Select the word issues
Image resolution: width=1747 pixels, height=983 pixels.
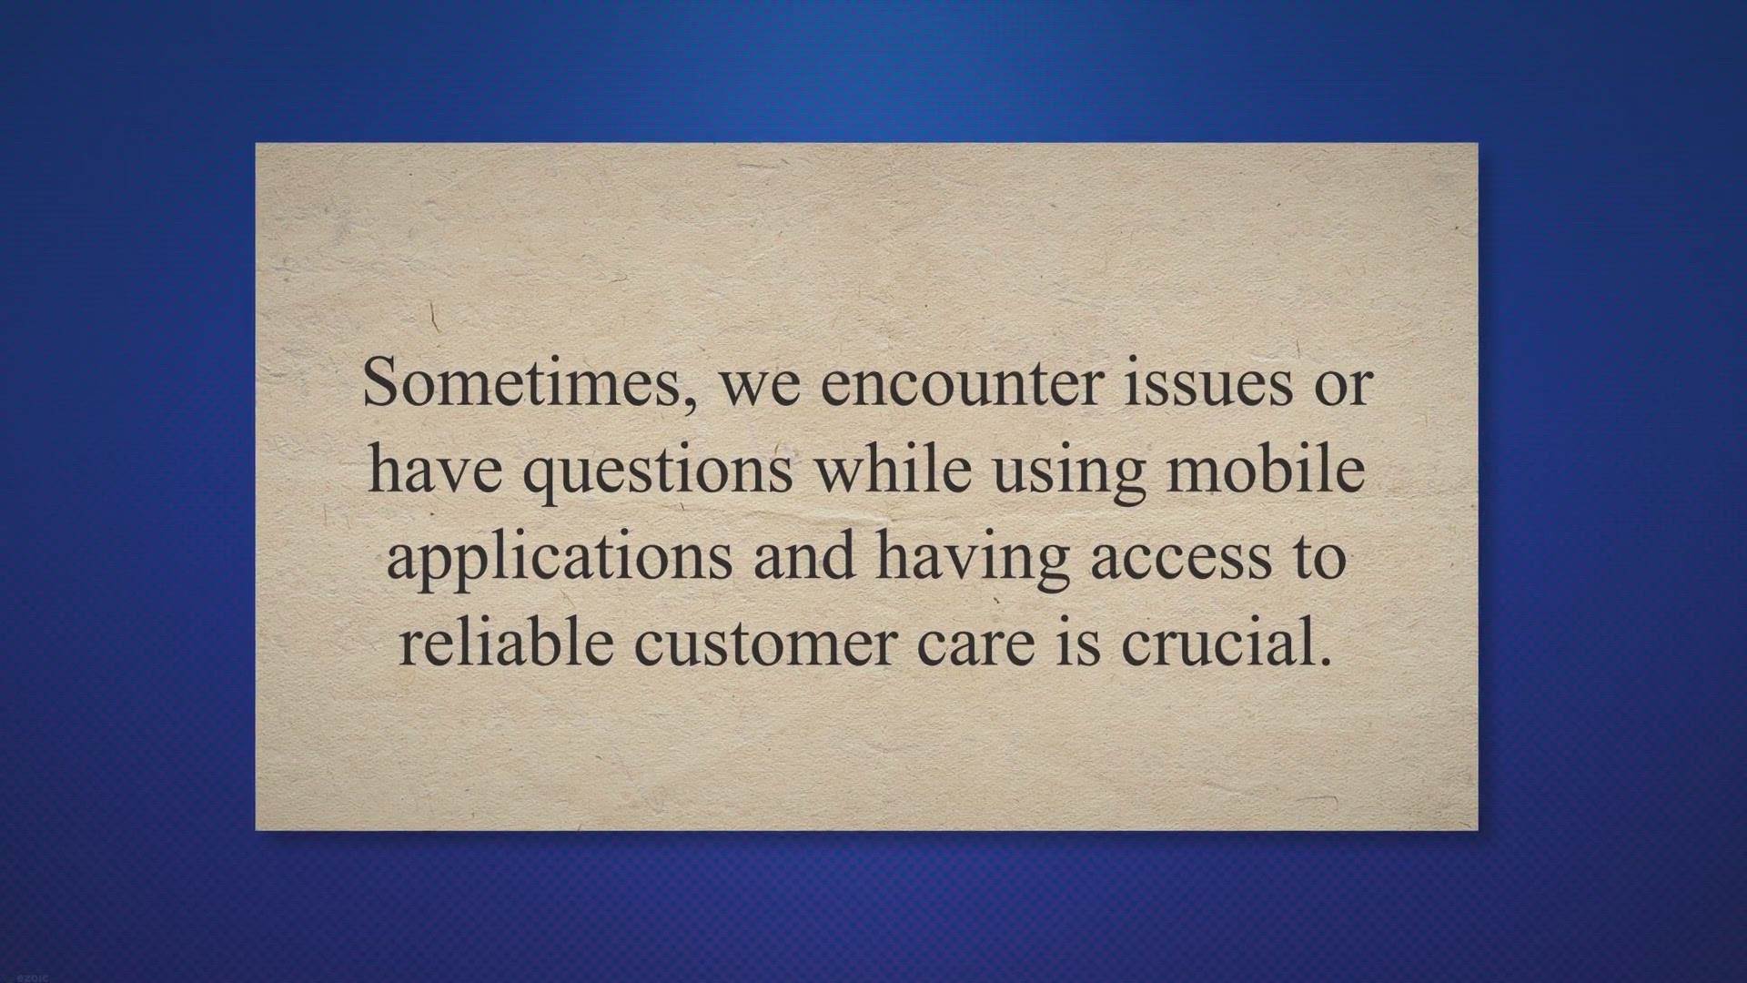point(1208,381)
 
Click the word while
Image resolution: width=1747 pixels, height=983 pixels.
point(892,468)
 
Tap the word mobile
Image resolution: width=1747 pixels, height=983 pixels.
point(1266,468)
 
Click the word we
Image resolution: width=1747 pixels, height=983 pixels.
point(760,388)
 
